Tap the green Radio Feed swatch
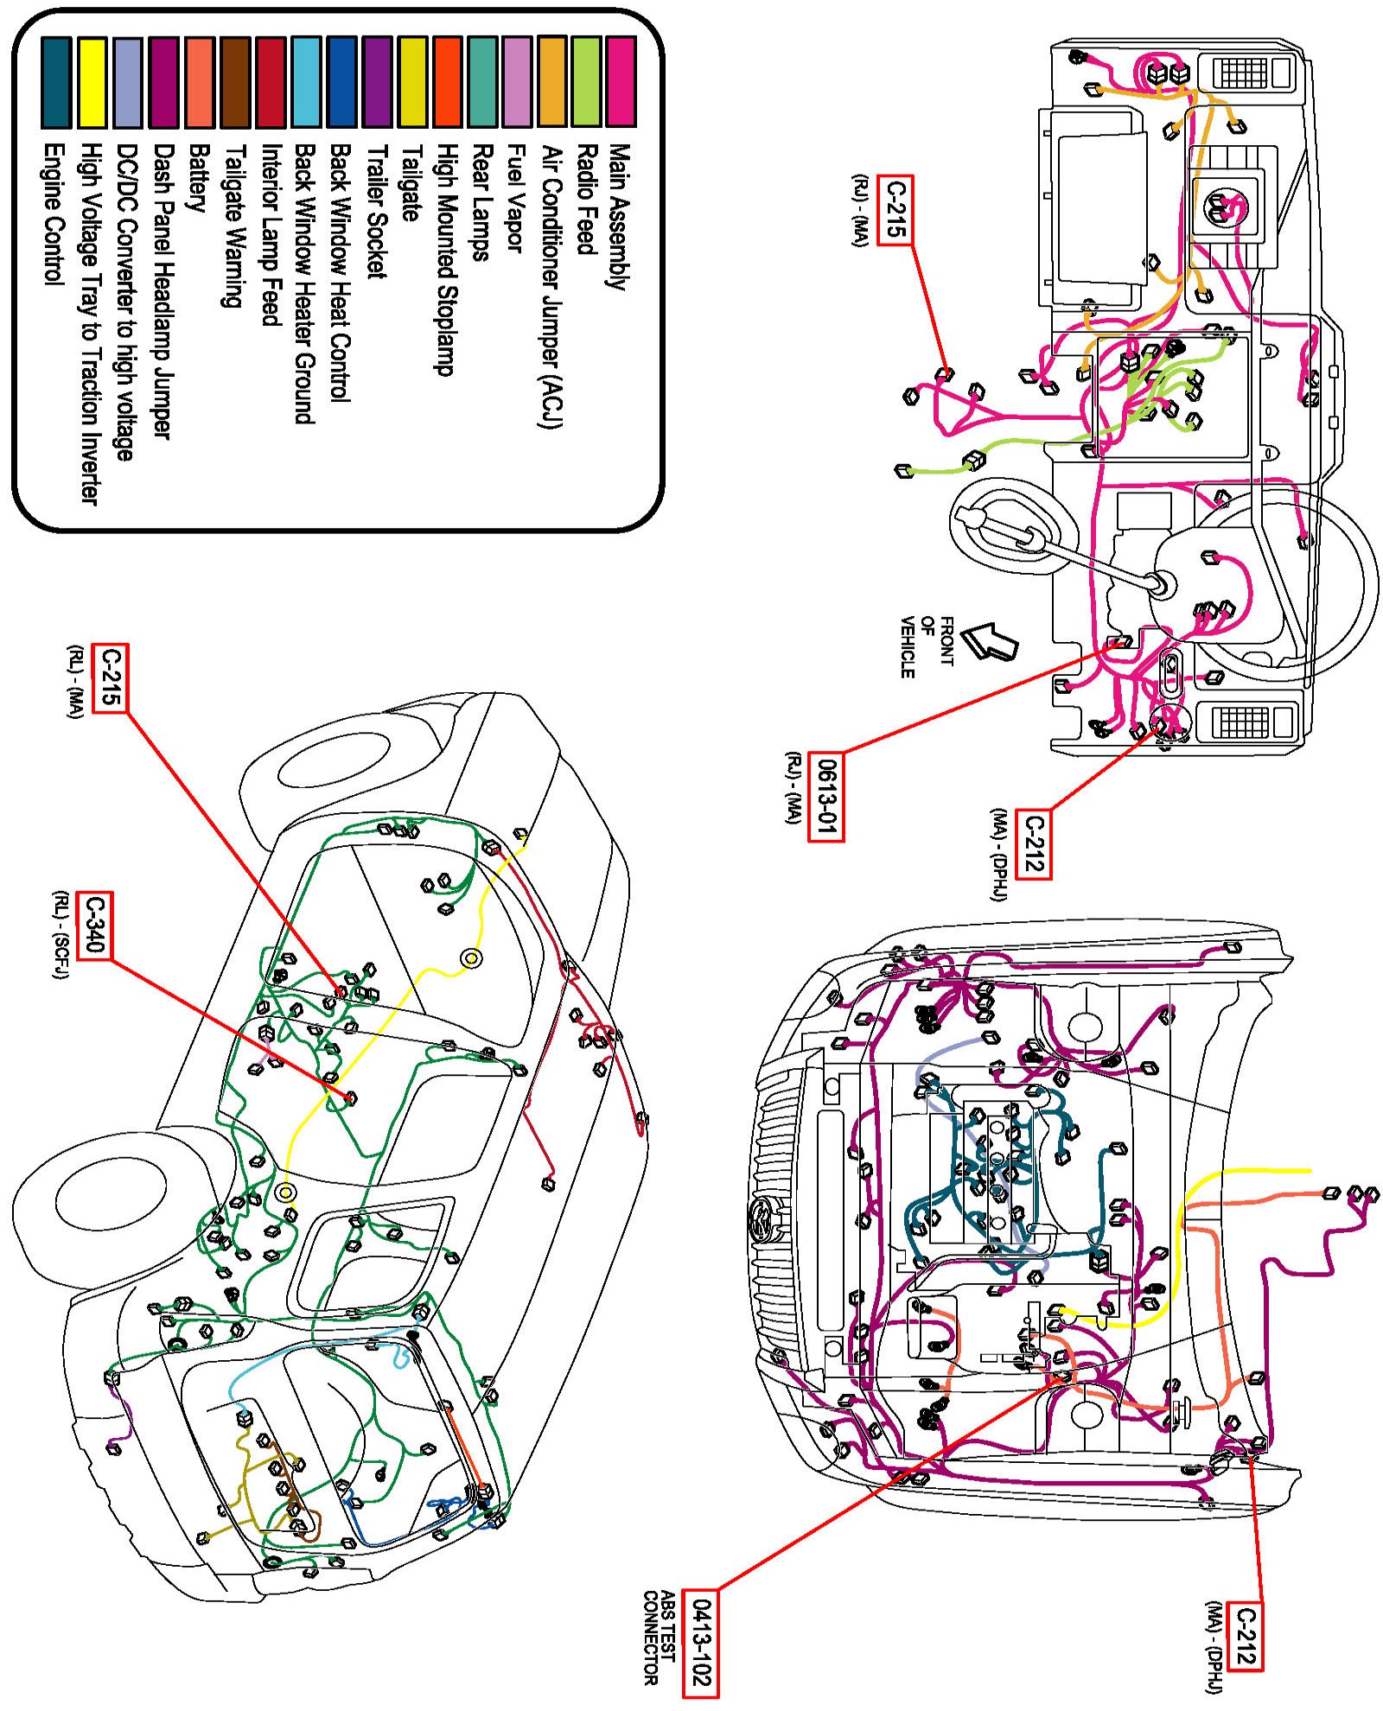[585, 82]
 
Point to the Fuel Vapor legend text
[515, 199]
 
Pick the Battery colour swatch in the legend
[200, 82]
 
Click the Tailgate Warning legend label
[233, 226]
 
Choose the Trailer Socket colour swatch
[378, 82]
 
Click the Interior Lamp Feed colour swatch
[271, 82]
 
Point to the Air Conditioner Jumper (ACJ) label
[551, 286]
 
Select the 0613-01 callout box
[825, 796]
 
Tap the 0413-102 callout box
[700, 1643]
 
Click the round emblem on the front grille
[762, 1219]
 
